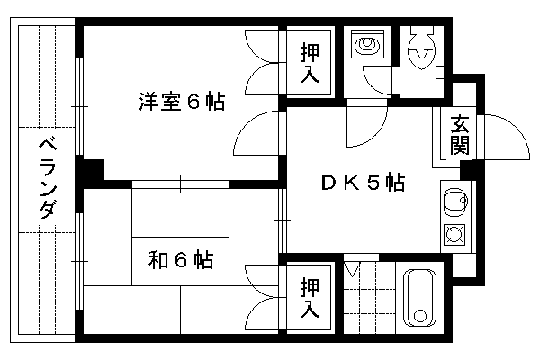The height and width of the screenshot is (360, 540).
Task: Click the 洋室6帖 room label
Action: point(182,102)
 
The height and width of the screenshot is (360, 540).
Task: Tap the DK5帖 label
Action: point(363,183)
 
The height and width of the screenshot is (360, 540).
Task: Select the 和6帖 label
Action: point(181,260)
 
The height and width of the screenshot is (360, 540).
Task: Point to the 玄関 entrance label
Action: point(460,135)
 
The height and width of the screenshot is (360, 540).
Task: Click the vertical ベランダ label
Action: point(47,178)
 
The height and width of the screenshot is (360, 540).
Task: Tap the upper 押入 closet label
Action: point(310,63)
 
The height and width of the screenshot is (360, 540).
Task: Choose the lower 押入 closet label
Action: point(310,298)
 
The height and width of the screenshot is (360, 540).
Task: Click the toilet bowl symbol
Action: point(421,49)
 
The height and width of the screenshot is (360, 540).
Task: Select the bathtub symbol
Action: point(419,298)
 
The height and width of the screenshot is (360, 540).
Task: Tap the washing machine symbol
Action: point(367,44)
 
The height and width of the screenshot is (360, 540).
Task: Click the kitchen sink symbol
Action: point(455,202)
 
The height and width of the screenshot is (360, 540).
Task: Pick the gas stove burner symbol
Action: point(454,235)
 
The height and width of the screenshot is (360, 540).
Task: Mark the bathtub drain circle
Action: point(419,316)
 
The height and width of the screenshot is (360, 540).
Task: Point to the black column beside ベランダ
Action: point(90,170)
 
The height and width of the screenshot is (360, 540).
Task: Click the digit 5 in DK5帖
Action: point(373,183)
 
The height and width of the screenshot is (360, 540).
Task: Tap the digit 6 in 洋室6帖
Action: point(193,102)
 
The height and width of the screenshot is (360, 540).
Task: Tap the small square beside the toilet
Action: point(440,73)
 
